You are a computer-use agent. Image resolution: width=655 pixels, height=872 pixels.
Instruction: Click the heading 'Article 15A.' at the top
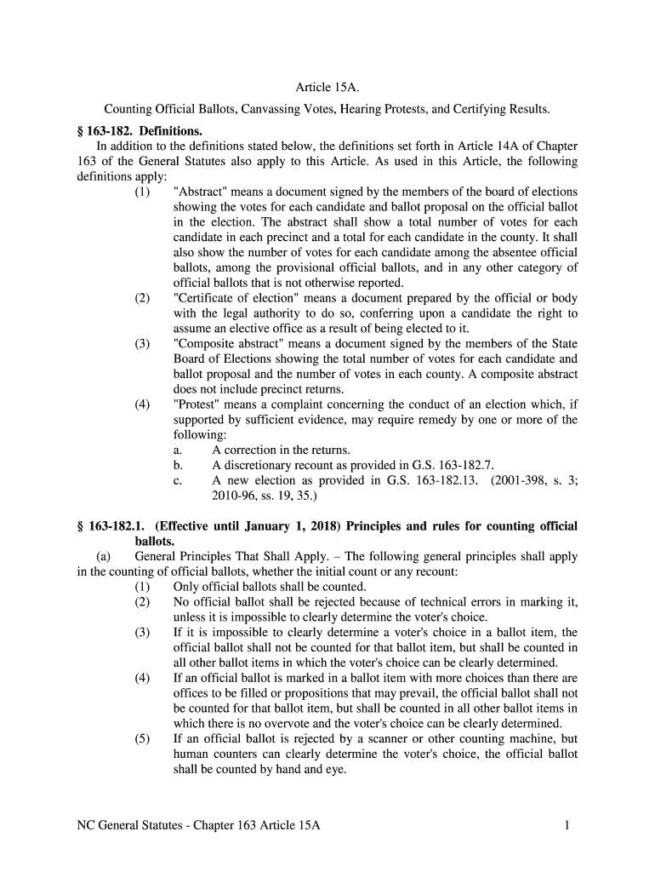point(327,88)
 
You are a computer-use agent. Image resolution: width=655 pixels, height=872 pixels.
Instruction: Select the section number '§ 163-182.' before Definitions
point(100,131)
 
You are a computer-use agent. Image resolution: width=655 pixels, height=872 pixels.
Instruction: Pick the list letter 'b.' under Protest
point(178,465)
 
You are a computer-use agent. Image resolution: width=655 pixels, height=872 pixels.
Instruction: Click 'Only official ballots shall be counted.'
point(270,587)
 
